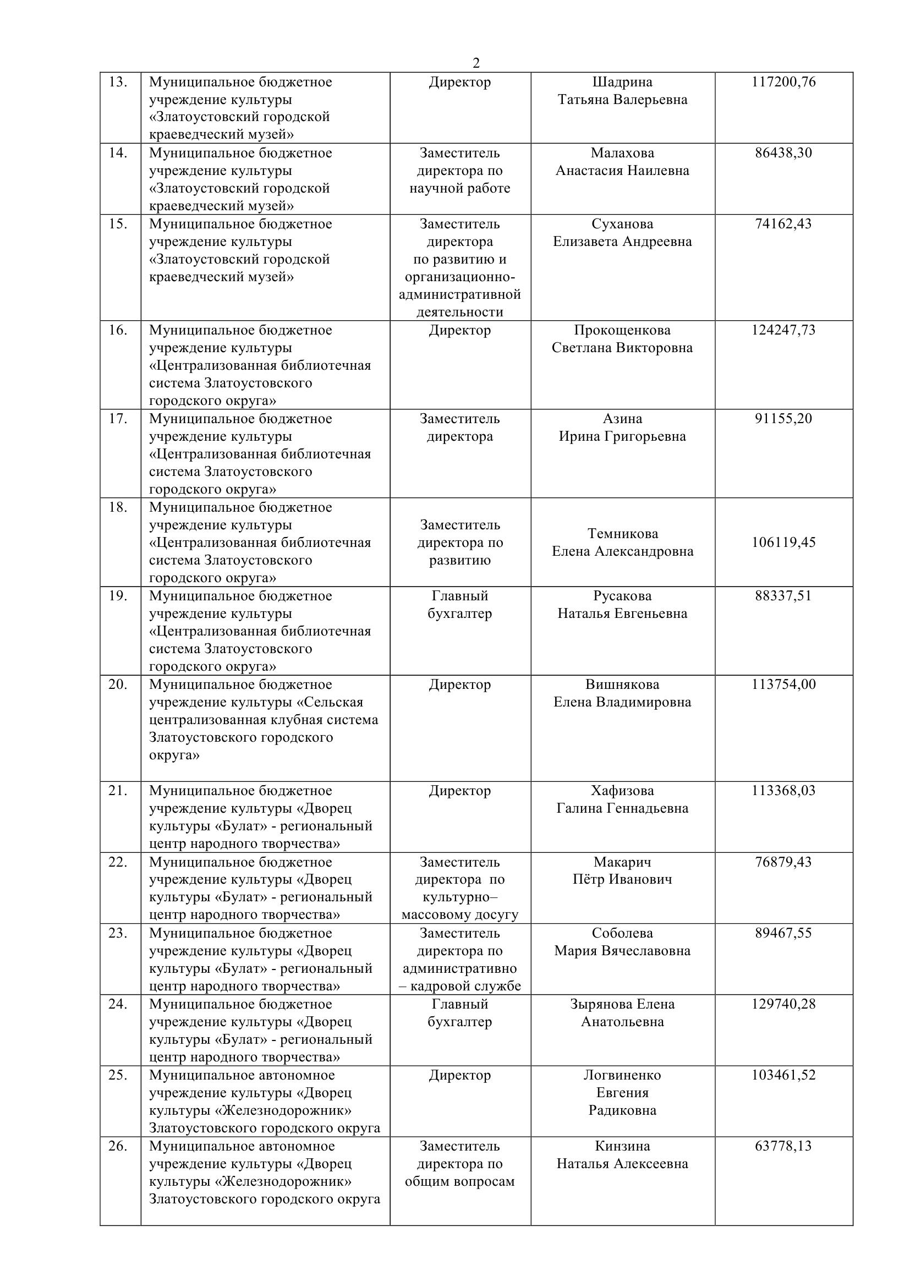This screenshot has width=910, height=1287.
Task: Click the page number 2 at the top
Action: pyautogui.click(x=476, y=63)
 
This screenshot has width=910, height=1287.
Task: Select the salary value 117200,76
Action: pyautogui.click(x=783, y=82)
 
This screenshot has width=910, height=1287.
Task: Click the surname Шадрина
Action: pyautogui.click(x=622, y=82)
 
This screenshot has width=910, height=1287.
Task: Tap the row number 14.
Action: pyautogui.click(x=118, y=152)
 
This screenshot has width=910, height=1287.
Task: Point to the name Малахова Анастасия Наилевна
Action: pyautogui.click(x=622, y=161)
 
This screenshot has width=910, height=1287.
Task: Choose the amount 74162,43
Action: pyautogui.click(x=783, y=223)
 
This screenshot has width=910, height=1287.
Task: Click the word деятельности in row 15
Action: pyautogui.click(x=459, y=311)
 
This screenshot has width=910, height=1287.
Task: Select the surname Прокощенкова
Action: pyautogui.click(x=622, y=330)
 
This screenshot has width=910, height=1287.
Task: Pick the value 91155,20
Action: pyautogui.click(x=783, y=418)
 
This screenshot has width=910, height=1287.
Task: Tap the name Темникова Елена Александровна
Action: pyautogui.click(x=622, y=542)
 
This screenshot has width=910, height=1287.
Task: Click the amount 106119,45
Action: pyautogui.click(x=783, y=542)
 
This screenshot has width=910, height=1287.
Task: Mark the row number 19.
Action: pyautogui.click(x=118, y=595)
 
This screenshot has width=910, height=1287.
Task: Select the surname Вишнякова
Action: pyautogui.click(x=622, y=684)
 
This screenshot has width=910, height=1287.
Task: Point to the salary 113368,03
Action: pyautogui.click(x=783, y=790)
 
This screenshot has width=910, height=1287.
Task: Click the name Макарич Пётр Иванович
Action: pyautogui.click(x=622, y=870)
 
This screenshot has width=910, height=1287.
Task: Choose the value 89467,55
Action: pyautogui.click(x=783, y=933)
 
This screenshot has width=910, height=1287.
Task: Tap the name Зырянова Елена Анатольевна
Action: pyautogui.click(x=622, y=1012)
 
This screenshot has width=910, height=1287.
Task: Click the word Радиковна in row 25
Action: pyautogui.click(x=622, y=1110)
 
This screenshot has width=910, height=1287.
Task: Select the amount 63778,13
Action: pyautogui.click(x=783, y=1146)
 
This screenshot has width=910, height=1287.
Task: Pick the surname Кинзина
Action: pyautogui.click(x=622, y=1146)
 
